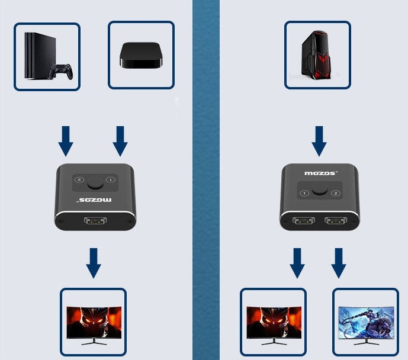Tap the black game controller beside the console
(61, 72)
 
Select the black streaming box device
(141, 56)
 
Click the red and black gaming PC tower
(317, 56)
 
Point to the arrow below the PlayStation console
(66, 140)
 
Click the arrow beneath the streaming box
(120, 140)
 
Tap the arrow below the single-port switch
(93, 263)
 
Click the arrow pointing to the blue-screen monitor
(339, 263)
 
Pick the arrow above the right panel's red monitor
(297, 263)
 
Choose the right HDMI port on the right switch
(335, 221)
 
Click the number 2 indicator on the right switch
(335, 193)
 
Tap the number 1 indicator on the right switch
(304, 193)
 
